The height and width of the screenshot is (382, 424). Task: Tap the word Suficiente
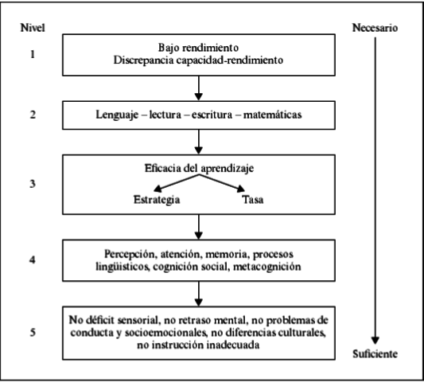(x=375, y=353)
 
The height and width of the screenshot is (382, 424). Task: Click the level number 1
(x=33, y=57)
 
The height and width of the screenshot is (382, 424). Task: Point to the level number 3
(x=33, y=182)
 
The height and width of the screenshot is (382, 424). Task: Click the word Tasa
(x=252, y=199)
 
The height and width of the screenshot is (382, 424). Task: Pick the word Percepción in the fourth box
(x=130, y=252)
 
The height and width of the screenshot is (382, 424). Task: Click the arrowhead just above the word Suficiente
(x=373, y=337)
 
